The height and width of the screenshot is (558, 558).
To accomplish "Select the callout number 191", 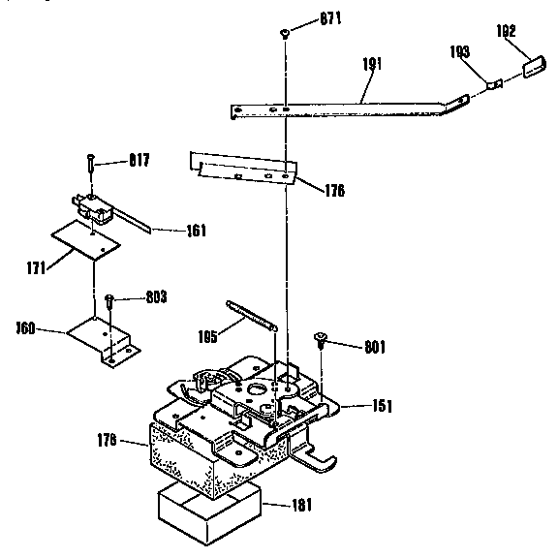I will coord(372,65).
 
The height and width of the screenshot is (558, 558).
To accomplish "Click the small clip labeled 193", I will coord(494,83).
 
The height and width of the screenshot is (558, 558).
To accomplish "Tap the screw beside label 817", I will coord(90,165).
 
